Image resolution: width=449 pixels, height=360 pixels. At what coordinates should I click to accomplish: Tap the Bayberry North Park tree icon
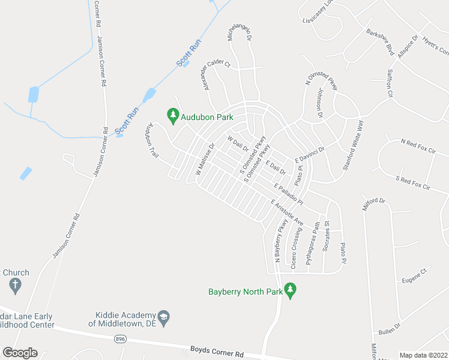tap(291, 292)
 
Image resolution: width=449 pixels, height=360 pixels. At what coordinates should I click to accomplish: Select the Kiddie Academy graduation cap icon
tap(163, 316)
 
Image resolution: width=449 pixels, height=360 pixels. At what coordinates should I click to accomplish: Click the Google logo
tap(20, 353)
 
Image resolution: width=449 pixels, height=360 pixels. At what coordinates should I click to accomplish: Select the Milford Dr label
tap(372, 203)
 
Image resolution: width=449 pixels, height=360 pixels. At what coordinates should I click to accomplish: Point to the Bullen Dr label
tap(389, 329)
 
